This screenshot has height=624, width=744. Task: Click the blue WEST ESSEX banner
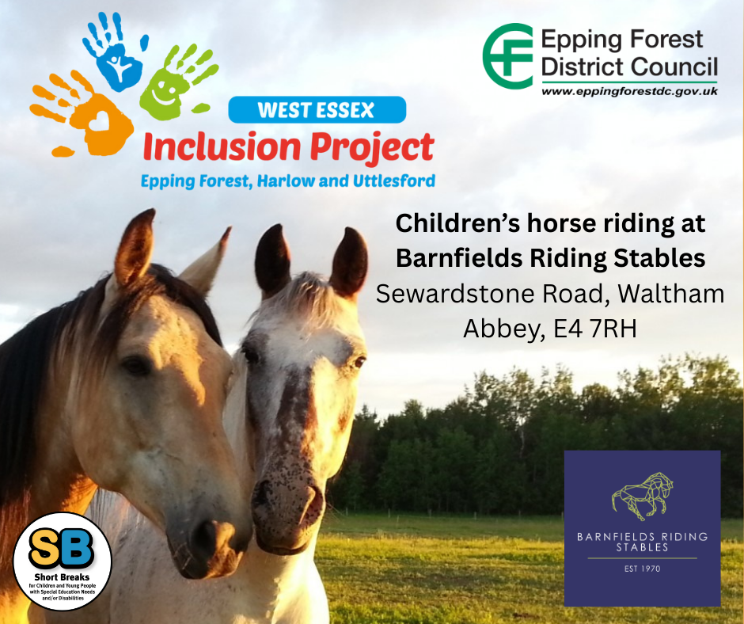coord(317,110)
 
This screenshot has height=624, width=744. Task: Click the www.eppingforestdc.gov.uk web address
coord(630,91)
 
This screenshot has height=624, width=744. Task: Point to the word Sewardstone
coord(454,294)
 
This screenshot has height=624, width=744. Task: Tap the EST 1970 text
coord(642,569)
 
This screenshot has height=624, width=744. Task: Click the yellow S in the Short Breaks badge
coord(45,549)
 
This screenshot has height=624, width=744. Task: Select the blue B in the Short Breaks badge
coord(77,549)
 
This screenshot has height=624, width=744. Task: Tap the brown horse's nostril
coord(205,533)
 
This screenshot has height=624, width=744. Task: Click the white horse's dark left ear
coord(272,261)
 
